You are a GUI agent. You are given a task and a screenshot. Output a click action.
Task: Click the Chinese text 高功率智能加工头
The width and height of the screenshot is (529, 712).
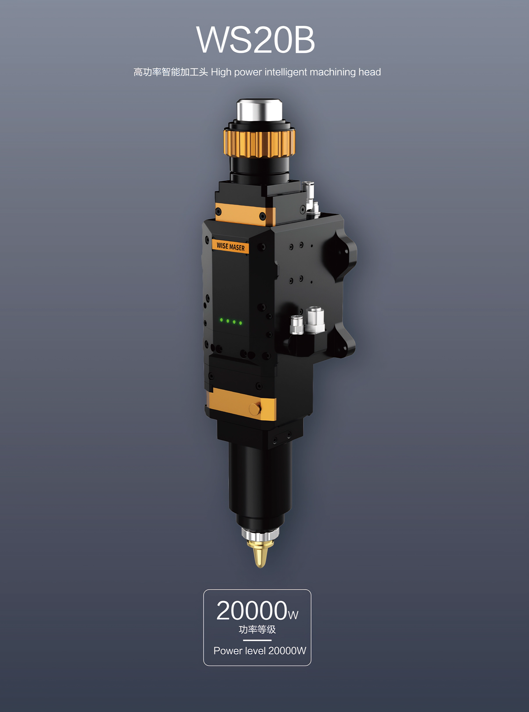171,72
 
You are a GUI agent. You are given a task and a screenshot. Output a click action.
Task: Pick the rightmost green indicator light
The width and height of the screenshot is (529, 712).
240,323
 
